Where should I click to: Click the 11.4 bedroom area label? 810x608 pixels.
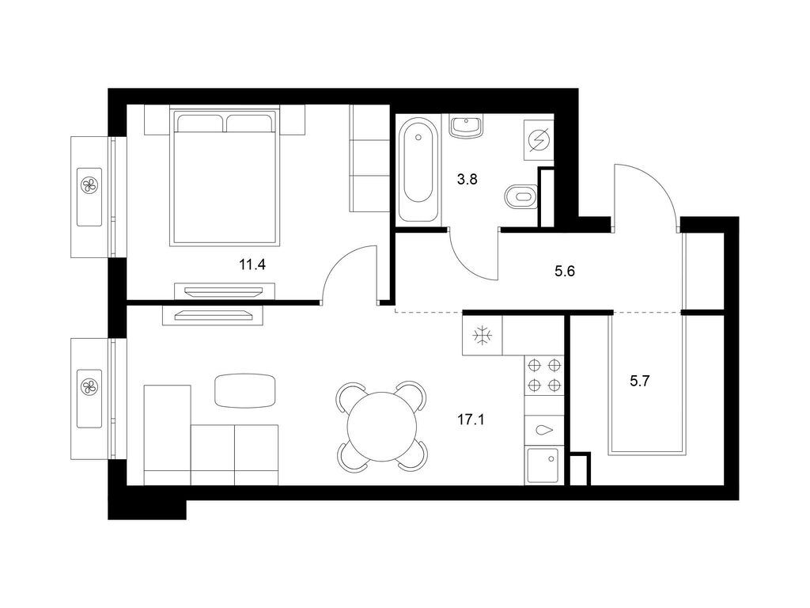click(x=252, y=264)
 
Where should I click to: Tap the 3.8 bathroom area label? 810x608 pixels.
click(x=467, y=179)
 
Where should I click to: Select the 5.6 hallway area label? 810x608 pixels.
click(x=564, y=271)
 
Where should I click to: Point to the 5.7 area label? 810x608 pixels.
click(x=640, y=381)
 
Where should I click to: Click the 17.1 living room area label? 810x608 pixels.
click(x=471, y=419)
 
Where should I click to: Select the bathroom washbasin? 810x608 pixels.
click(x=467, y=127)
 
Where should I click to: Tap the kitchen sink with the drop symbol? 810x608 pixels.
click(x=544, y=431)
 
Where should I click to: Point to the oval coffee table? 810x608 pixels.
click(x=245, y=390)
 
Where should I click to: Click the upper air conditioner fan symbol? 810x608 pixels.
click(x=89, y=186)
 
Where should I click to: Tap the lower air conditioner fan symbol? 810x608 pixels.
click(x=89, y=387)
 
